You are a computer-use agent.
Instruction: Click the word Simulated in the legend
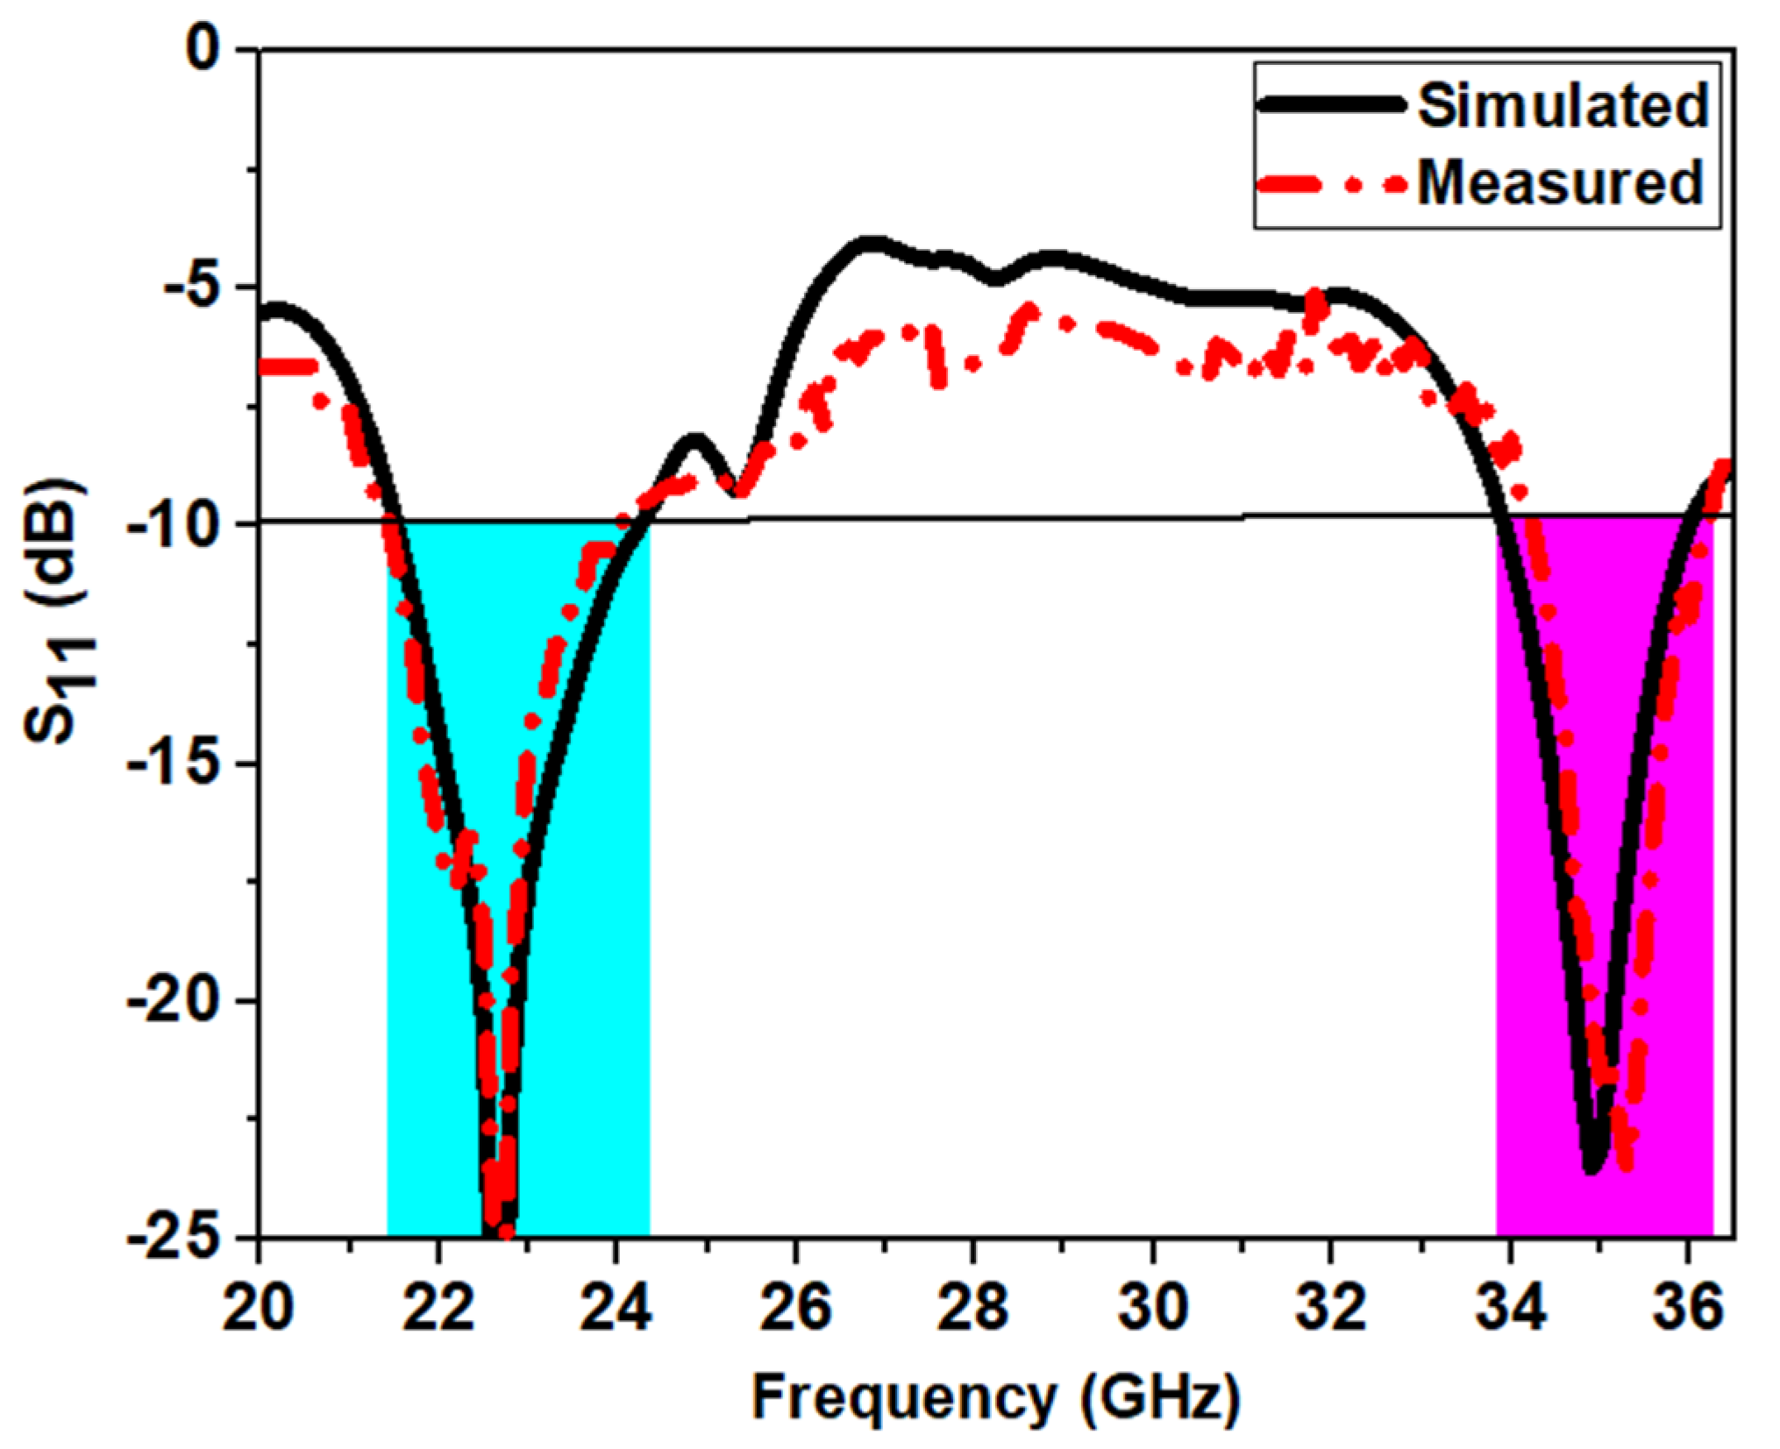[x=1563, y=105]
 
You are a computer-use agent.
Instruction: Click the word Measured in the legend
[x=1559, y=182]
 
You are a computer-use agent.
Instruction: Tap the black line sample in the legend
[x=1333, y=104]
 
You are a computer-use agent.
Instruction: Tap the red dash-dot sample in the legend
[x=1333, y=184]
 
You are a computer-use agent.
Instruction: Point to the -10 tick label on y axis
[x=175, y=524]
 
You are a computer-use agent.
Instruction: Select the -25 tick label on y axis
[x=175, y=1237]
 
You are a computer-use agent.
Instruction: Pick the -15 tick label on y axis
[x=175, y=763]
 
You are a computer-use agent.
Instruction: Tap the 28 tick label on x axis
[x=973, y=1308]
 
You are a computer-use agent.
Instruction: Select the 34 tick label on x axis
[x=1509, y=1308]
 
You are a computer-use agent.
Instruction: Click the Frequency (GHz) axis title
[x=995, y=1397]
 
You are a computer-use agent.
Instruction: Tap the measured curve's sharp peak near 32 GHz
[x=1315, y=298]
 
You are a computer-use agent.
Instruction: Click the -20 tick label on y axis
[x=175, y=1000]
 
